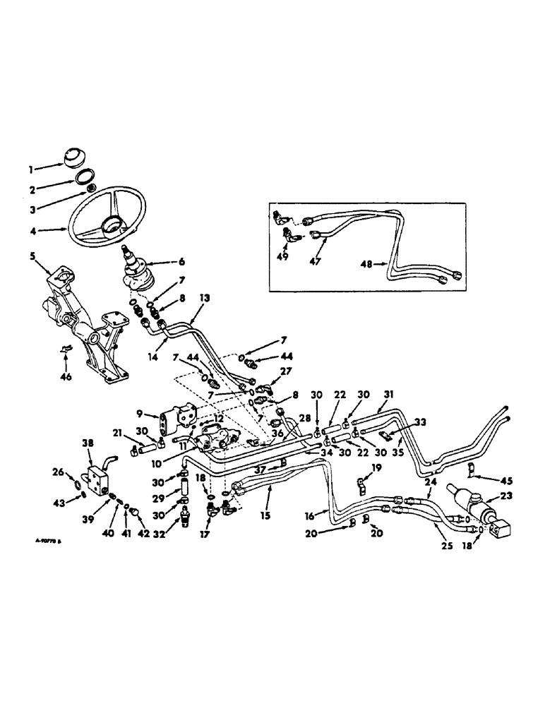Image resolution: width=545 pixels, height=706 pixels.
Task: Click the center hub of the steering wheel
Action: (x=111, y=226)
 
